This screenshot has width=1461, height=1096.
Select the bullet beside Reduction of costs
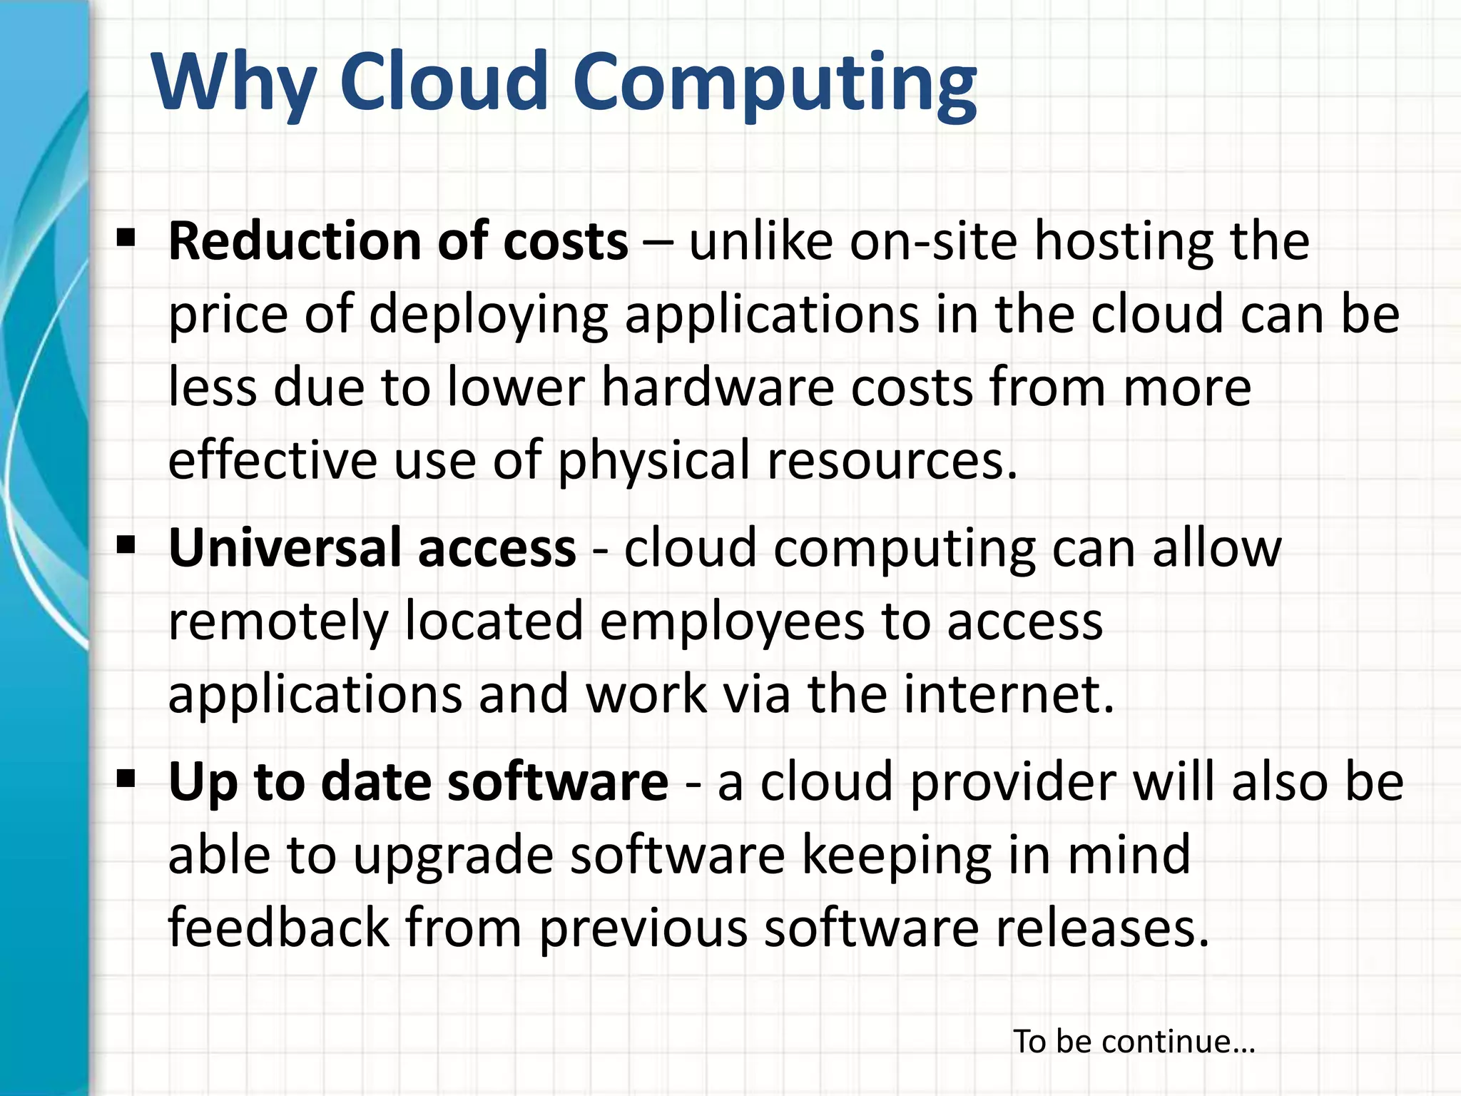[x=126, y=238]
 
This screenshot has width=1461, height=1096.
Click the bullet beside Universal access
[x=126, y=546]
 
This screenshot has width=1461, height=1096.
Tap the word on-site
[x=933, y=241]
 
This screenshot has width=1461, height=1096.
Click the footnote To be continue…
[x=1134, y=1041]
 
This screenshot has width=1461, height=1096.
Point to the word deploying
[x=489, y=316]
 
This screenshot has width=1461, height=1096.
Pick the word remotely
[x=278, y=622]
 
